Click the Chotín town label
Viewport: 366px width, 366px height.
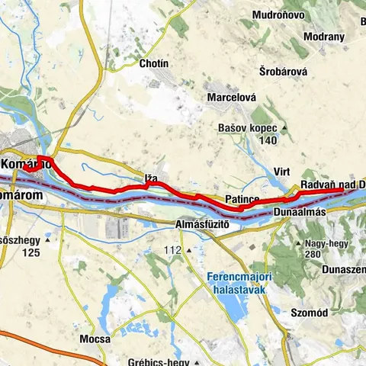(153, 64)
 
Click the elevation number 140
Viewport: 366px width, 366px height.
(267, 141)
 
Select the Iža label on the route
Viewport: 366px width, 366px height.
(151, 179)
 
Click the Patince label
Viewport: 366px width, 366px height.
(242, 199)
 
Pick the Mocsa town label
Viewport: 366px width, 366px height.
(95, 339)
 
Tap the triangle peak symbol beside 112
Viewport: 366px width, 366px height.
(187, 250)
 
